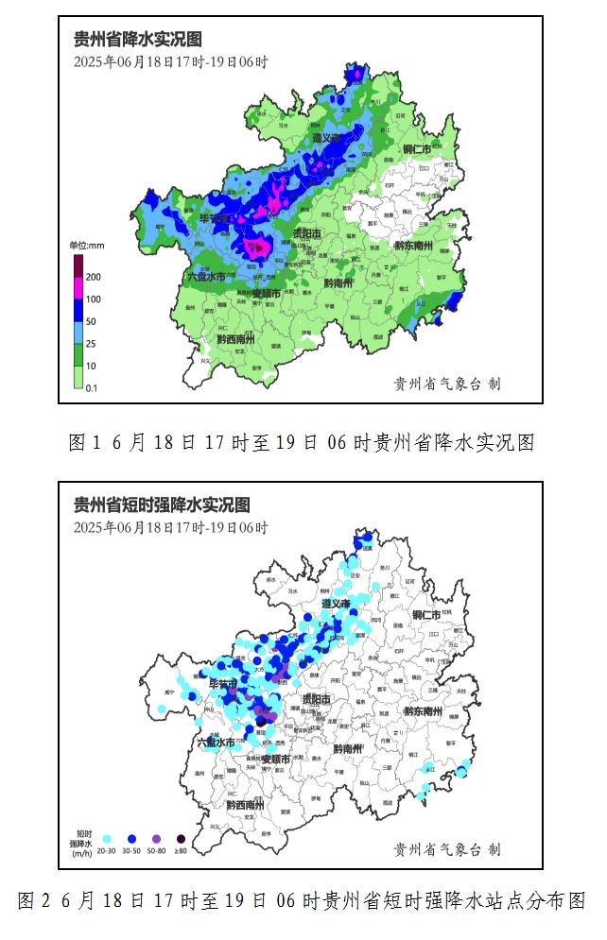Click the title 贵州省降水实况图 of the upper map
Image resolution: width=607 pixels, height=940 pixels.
pos(138,39)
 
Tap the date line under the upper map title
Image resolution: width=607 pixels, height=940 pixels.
pos(170,62)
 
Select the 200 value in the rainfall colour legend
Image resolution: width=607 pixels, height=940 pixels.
pos(94,278)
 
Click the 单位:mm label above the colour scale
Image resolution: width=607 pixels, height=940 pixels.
pos(87,246)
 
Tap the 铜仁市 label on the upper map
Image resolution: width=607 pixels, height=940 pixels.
pos(416,150)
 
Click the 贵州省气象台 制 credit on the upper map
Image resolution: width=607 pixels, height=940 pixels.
pos(446,384)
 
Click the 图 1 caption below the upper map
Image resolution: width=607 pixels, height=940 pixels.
pos(302,442)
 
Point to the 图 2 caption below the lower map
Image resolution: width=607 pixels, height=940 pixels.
pos(302,901)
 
